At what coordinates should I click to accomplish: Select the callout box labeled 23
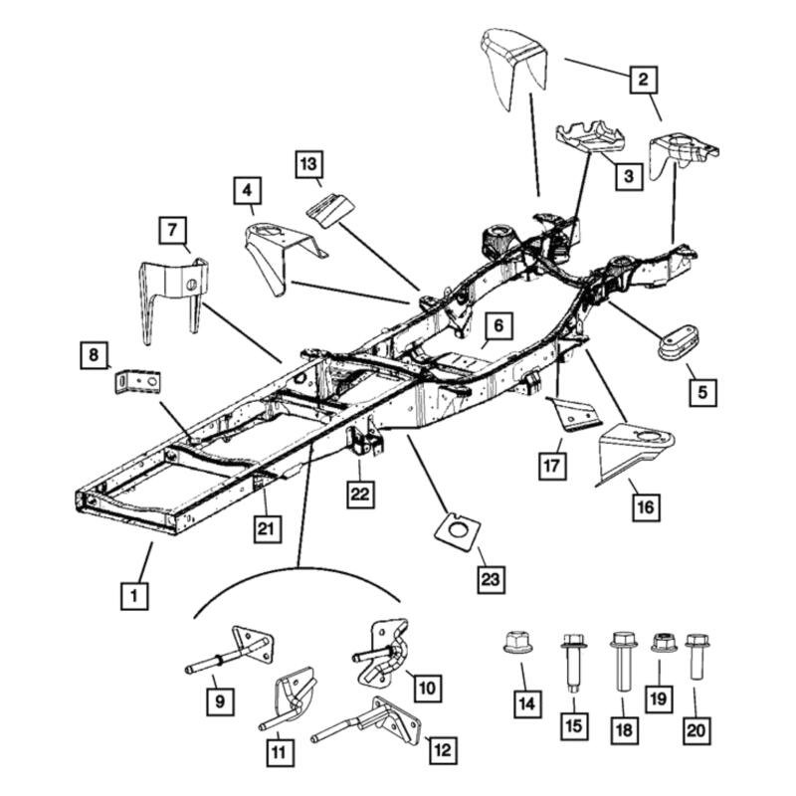pyautogui.click(x=492, y=578)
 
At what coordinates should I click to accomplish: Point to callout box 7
pyautogui.click(x=172, y=231)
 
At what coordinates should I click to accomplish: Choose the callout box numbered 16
pyautogui.click(x=645, y=507)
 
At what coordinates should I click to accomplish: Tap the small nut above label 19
pyautogui.click(x=660, y=643)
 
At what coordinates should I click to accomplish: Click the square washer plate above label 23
pyautogui.click(x=458, y=527)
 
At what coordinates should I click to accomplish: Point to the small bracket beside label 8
pyautogui.click(x=137, y=382)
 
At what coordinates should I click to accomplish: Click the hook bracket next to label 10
pyautogui.click(x=383, y=652)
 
